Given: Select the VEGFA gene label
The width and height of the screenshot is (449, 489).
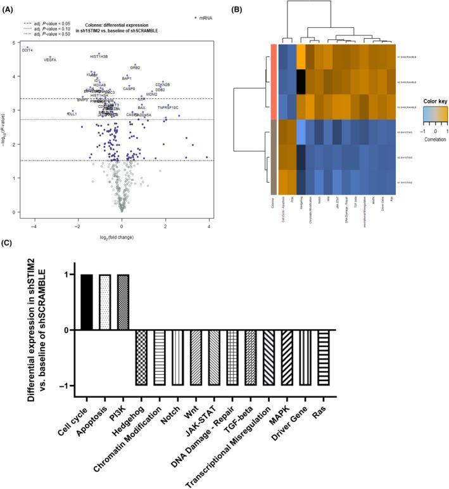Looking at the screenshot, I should coord(50,60).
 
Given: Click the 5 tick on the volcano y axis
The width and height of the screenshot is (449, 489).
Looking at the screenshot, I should coord(14,42).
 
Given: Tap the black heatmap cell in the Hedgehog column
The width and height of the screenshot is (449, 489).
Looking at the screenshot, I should coord(301,82).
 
